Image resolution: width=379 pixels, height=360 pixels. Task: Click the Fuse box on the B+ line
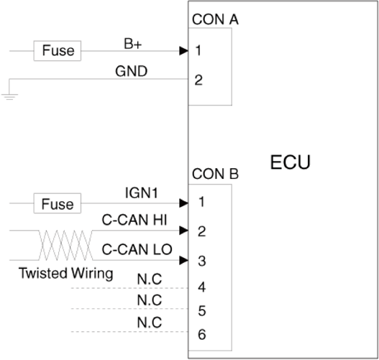(58, 51)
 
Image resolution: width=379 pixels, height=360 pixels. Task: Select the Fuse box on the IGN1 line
(58, 203)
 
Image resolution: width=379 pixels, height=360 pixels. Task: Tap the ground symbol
(9, 97)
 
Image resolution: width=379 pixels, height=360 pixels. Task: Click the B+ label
(133, 44)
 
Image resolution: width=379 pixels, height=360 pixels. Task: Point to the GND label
(132, 71)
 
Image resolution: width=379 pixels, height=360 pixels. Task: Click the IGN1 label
(142, 193)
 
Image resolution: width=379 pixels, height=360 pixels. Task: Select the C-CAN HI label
(134, 220)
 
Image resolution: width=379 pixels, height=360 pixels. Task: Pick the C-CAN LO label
(137, 249)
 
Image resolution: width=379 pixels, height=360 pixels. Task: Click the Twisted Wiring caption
(65, 273)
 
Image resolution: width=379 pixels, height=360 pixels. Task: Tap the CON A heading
(215, 19)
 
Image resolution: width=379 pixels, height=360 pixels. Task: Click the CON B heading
(215, 174)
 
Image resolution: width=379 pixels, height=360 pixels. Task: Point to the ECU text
(290, 162)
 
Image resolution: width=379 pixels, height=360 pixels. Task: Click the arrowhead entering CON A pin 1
(183, 51)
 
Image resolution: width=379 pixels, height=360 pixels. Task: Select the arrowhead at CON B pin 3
(183, 260)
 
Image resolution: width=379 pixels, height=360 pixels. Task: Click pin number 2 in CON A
(198, 80)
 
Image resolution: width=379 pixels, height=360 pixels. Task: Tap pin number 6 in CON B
(202, 334)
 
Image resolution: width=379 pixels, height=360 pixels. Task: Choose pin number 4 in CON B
(202, 287)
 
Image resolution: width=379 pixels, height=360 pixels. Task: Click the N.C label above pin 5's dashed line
(150, 300)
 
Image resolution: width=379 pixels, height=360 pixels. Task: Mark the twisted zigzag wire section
(65, 245)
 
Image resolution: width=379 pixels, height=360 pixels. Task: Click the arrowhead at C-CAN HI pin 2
(183, 231)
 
